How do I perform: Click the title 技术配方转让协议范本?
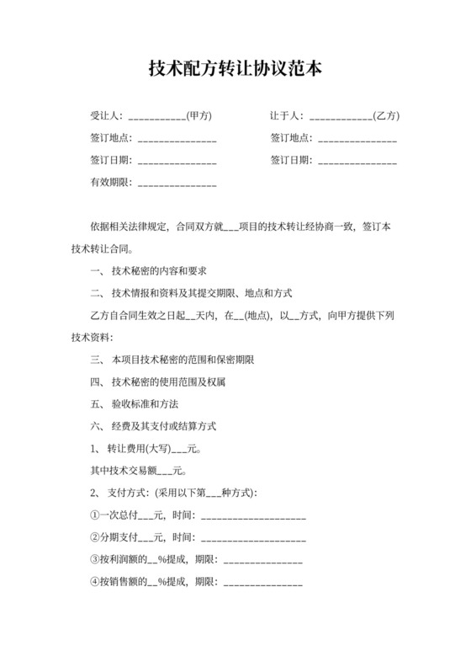click(x=235, y=67)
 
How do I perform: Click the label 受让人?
click(x=106, y=115)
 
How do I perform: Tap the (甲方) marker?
click(x=198, y=115)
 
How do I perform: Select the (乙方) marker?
click(x=385, y=115)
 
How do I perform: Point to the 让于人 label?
click(x=286, y=115)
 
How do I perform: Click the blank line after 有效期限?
click(x=177, y=183)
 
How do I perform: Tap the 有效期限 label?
click(x=108, y=183)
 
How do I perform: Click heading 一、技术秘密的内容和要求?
click(x=148, y=272)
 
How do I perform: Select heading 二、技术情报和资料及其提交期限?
click(x=190, y=294)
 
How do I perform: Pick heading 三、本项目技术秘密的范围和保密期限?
click(x=172, y=360)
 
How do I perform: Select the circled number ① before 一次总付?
click(x=94, y=515)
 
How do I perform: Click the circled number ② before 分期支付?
click(x=94, y=536)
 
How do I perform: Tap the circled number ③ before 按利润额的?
click(x=94, y=558)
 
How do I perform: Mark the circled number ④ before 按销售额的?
click(x=94, y=580)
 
